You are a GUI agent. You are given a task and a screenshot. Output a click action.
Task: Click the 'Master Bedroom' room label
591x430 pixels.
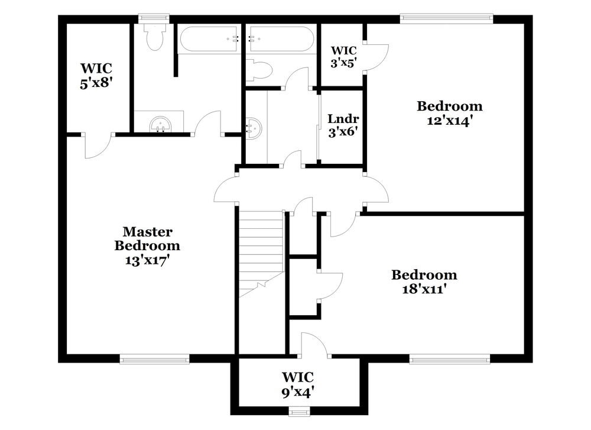click(147, 238)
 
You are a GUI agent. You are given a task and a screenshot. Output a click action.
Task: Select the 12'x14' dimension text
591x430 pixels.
click(449, 120)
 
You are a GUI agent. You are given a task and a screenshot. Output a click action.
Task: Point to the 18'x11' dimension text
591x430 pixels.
click(424, 289)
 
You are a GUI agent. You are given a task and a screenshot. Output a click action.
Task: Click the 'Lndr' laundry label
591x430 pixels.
click(343, 119)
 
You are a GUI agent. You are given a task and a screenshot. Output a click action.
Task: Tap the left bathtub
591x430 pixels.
click(210, 39)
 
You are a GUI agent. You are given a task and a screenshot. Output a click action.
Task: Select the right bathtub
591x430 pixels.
click(281, 39)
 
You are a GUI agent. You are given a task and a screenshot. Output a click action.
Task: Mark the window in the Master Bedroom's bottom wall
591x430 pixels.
click(154, 358)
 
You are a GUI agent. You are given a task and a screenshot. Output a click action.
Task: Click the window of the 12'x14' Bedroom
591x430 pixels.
click(446, 18)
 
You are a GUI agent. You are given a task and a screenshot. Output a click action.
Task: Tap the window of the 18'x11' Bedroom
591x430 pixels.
click(450, 358)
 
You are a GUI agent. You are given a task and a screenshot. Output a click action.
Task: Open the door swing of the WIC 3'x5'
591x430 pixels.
click(375, 57)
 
